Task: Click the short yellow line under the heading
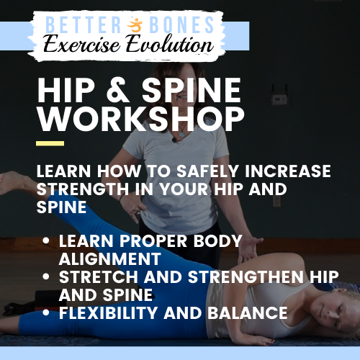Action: tap(50, 143)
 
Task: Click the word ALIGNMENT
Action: tap(110, 258)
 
